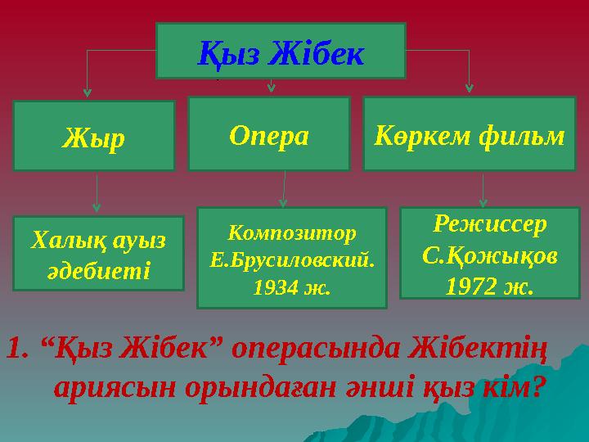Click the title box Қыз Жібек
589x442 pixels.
pos(281,51)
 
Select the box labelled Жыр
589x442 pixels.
pos(93,136)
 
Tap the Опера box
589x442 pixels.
pos(269,134)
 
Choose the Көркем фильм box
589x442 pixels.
pos(469,134)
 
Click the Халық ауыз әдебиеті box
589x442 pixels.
pos(98,254)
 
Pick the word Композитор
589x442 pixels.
pos(291,232)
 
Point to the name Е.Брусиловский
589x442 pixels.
pos(292,259)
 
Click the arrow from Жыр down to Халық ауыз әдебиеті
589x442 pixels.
pos(97,196)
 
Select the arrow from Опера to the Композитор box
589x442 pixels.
pos(284,189)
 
